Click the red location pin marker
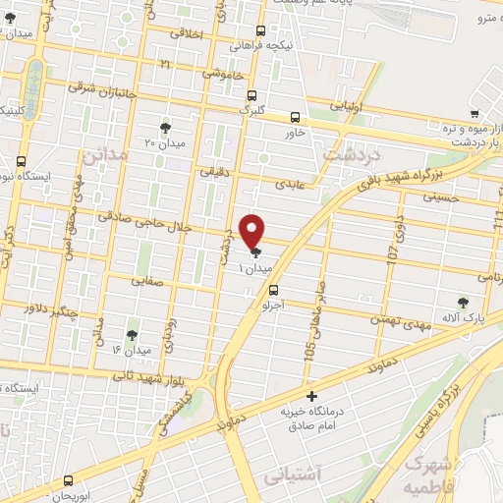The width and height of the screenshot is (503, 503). [253, 230]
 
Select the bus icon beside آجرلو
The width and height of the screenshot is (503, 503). [273, 290]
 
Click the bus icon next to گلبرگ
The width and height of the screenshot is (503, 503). [252, 96]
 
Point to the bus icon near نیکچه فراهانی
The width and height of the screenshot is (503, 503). [260, 30]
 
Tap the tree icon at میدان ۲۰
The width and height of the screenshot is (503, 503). [164, 128]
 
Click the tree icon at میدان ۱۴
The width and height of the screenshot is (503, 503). [132, 335]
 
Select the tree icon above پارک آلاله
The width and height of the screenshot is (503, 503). [462, 303]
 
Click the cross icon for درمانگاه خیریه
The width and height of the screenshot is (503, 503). [311, 397]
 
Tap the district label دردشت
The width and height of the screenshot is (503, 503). [345, 154]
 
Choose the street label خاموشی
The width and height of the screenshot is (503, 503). [224, 74]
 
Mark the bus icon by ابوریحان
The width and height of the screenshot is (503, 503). [68, 481]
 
